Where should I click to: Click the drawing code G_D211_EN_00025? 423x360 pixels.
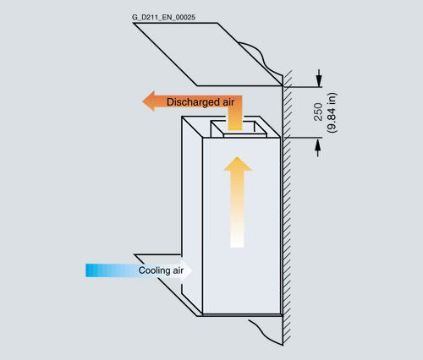tap(163, 18)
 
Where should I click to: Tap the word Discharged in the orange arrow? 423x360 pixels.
tap(193, 102)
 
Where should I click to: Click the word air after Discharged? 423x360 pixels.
tap(228, 102)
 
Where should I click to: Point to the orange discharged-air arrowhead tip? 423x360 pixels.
tap(142, 101)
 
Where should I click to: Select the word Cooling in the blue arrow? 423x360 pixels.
tap(154, 270)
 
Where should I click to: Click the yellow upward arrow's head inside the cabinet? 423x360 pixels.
tap(238, 164)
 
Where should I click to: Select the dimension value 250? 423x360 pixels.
tap(318, 112)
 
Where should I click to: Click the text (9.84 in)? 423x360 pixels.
tap(332, 112)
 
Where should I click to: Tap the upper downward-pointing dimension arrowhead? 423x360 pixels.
tap(319, 81)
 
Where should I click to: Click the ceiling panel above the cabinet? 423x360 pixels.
tap(207, 54)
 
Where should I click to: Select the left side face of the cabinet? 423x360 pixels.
tap(192, 214)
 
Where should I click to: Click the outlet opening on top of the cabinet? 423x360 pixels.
tap(239, 128)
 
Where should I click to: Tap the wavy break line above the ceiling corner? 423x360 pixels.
tap(261, 57)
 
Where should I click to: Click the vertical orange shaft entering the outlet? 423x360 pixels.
tap(235, 118)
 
